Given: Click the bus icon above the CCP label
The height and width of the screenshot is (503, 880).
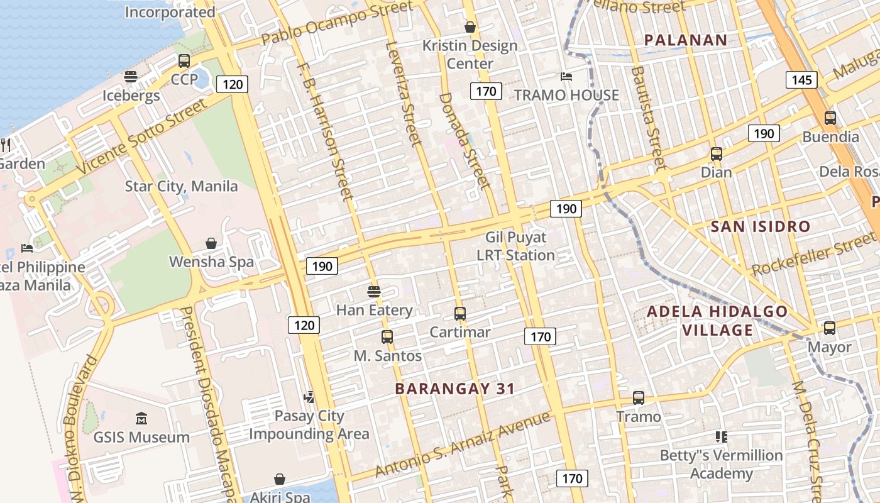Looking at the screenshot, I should point(184,61).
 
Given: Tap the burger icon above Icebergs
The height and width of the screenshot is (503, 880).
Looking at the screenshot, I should point(131,77).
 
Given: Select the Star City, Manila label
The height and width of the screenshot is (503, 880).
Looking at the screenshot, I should point(181,186).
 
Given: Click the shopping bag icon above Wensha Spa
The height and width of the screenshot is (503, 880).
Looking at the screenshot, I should point(211,243).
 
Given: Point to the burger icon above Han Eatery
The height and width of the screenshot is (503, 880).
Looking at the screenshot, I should point(374,291).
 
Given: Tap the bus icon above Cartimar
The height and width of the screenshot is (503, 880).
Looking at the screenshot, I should point(460,313).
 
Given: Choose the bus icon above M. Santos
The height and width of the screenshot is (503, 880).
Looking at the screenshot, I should point(387,337).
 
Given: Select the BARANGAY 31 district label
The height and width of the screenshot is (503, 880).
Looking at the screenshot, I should point(455,389).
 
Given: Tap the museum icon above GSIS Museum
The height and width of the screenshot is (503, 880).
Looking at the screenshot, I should point(141,419).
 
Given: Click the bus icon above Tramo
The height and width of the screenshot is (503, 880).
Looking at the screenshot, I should point(639,398).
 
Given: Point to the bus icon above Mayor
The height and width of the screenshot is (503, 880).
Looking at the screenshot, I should point(830,328).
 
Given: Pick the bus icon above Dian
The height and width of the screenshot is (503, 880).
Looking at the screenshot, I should point(716,153).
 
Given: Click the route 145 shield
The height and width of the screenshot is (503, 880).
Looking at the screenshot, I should point(801,80).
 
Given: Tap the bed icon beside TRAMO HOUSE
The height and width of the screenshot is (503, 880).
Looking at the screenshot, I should point(566,77).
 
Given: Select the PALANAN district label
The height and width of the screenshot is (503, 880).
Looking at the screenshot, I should point(686,40).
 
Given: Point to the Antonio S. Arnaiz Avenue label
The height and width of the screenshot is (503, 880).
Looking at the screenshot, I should point(463,445).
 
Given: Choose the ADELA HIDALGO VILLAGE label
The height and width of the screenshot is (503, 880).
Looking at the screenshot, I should point(717,321).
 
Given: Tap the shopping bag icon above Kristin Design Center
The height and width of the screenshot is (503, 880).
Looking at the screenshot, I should point(470,27).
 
